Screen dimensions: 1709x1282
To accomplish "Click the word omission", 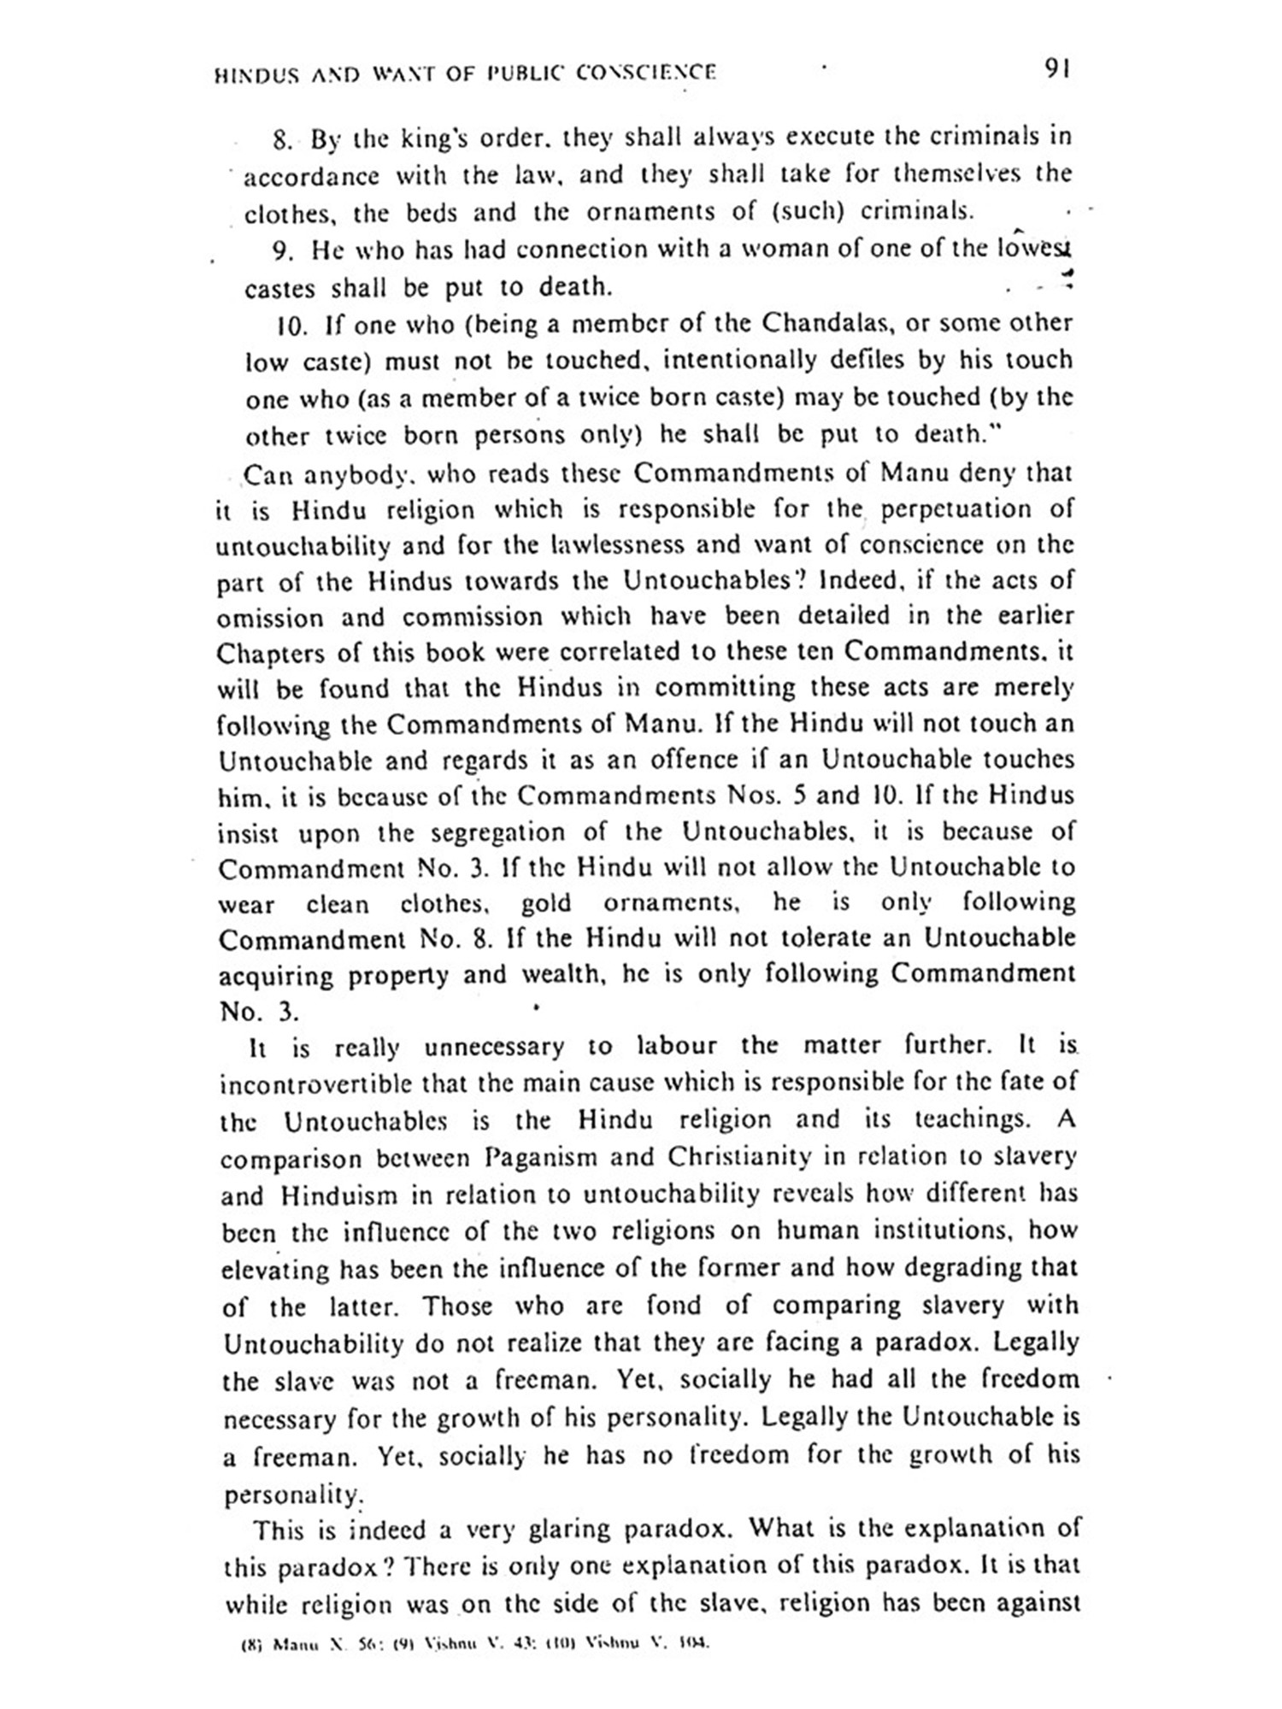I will (270, 618).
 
